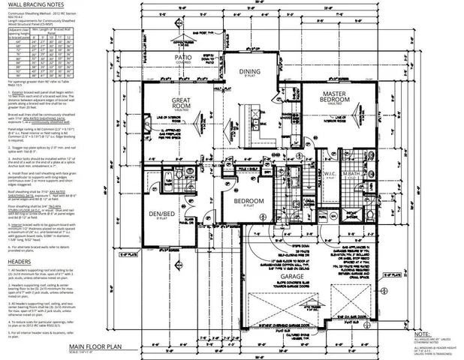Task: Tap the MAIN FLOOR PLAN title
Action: pos(101,347)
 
